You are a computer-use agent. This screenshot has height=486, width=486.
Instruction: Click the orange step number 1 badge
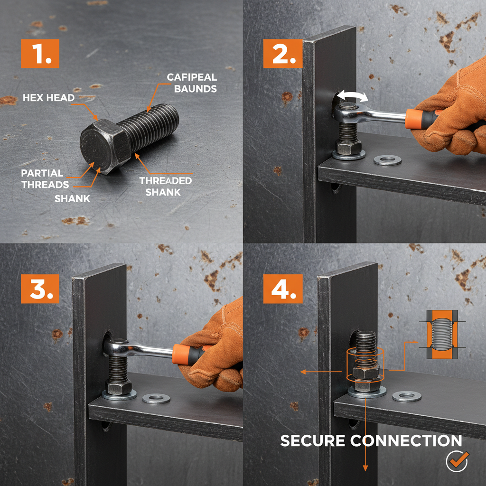(x=40, y=54)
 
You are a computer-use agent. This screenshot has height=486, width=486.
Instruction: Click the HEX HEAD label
(x=49, y=98)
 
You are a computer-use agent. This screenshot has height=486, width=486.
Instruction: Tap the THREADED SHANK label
(x=166, y=187)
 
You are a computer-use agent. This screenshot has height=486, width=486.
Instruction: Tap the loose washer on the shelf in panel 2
(x=387, y=160)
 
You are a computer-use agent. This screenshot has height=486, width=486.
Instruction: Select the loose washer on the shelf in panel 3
(x=156, y=398)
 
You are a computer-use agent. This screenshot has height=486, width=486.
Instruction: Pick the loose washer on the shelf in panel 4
(x=407, y=396)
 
